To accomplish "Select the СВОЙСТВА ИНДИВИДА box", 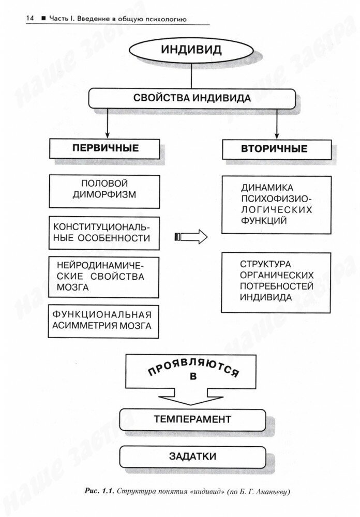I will point(192,98).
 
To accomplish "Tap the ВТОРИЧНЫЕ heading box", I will point(274,149).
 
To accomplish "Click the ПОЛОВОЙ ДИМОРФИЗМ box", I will point(104,190).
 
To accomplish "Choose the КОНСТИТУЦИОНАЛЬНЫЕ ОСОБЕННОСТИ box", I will point(104,232).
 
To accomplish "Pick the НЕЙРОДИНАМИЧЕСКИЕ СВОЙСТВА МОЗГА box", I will point(104,276).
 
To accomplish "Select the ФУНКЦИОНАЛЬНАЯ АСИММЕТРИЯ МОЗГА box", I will point(104,321).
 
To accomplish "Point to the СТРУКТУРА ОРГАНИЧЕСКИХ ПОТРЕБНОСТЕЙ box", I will point(276,282).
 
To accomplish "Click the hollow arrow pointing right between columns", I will point(191,237).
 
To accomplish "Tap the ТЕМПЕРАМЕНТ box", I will point(192,418).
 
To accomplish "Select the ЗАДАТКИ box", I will point(192,457).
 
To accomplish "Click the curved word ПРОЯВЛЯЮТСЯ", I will point(192,369).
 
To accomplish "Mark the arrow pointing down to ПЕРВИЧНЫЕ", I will point(107,124).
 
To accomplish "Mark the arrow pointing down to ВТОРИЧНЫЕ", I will point(277,124).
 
